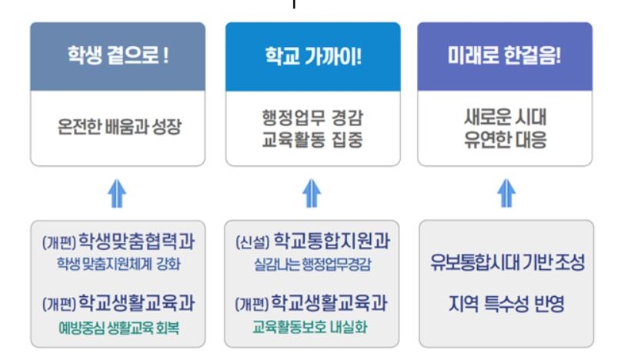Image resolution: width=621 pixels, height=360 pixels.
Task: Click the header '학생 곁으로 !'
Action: (x=118, y=57)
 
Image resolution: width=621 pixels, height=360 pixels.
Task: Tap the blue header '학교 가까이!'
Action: (x=312, y=57)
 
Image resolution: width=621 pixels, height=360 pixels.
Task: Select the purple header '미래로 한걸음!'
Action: (x=505, y=57)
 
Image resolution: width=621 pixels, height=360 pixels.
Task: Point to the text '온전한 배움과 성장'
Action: (x=118, y=127)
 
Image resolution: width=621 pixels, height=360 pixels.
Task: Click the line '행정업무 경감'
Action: (x=312, y=117)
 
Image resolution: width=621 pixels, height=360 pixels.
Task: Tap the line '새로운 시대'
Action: (x=505, y=117)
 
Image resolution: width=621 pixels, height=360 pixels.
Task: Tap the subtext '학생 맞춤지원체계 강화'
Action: (x=118, y=264)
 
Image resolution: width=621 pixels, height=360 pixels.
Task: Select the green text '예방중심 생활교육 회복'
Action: (x=118, y=326)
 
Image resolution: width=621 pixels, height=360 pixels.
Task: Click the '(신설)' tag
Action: (x=252, y=242)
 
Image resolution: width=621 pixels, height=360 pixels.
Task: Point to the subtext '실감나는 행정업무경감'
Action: (x=312, y=264)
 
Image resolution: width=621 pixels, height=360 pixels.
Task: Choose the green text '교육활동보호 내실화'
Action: (x=312, y=326)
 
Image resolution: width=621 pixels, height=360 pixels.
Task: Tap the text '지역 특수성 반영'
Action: (x=506, y=304)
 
